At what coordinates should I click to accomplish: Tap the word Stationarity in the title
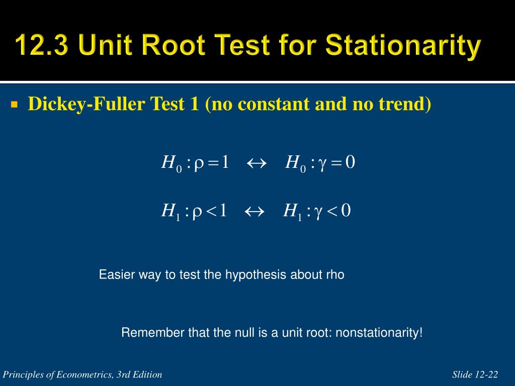403,45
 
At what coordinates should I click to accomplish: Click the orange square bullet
14,105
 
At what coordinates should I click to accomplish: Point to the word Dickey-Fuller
87,104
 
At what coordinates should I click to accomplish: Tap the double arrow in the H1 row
254,212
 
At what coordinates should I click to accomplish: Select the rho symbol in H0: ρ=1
199,164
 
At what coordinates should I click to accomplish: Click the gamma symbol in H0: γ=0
322,164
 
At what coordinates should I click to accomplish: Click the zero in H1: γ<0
346,211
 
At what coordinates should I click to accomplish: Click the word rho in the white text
335,275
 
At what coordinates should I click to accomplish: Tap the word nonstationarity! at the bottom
379,333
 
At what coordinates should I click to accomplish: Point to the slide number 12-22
486,374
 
